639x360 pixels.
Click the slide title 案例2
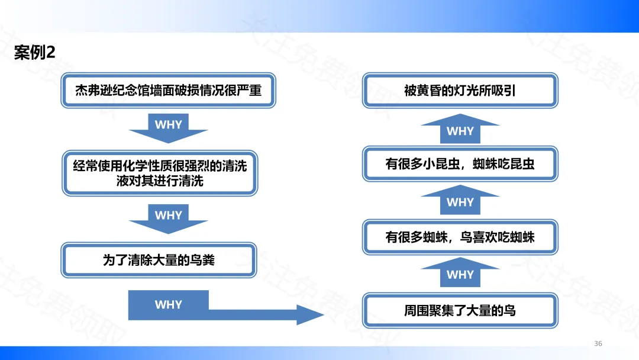[x=34, y=52]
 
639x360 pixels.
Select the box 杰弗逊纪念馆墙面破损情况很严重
[x=168, y=90]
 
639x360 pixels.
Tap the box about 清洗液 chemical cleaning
[x=160, y=173]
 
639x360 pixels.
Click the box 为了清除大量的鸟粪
[x=159, y=260]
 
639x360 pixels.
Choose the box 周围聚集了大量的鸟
[x=460, y=310]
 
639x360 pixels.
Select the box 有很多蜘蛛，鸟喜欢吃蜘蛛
[x=460, y=237]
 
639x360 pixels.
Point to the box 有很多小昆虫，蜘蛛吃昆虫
[x=460, y=164]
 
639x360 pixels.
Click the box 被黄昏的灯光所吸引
[x=460, y=90]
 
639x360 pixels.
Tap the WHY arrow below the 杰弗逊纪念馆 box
[x=168, y=128]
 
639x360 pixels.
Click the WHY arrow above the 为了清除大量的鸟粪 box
[x=168, y=218]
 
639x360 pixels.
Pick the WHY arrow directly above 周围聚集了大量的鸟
[x=460, y=272]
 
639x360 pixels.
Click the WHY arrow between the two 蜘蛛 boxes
[x=460, y=200]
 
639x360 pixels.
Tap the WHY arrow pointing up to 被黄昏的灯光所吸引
[x=460, y=129]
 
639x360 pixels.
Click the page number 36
[x=598, y=343]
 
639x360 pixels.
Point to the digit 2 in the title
[x=51, y=52]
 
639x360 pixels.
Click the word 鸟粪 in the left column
[x=202, y=260]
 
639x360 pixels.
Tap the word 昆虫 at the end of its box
[x=522, y=164]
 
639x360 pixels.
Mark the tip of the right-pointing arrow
[x=324, y=314]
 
